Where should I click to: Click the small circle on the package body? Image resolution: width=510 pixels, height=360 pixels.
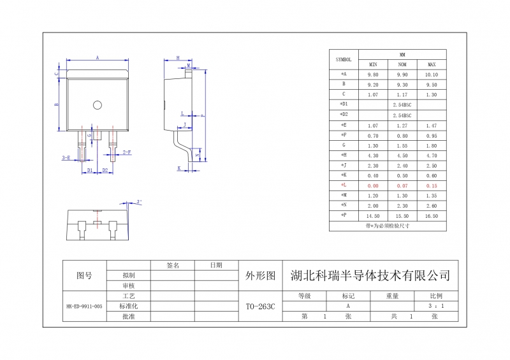point(98,104)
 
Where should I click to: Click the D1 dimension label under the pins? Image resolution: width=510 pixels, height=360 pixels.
point(90,171)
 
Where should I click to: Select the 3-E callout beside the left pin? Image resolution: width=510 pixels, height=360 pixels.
point(66,157)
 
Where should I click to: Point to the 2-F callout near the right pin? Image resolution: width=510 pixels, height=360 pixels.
point(127,152)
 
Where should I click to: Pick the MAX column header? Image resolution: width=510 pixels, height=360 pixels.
point(432,64)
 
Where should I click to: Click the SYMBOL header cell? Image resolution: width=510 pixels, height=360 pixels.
point(344,59)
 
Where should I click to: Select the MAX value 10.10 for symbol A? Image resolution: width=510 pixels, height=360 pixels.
point(432,75)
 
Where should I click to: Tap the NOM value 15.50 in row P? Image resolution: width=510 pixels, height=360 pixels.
point(402,215)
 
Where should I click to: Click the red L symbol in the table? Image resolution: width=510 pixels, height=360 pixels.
point(344,185)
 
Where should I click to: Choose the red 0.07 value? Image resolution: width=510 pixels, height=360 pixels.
point(402,185)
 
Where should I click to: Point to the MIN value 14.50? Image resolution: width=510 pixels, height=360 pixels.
point(373,215)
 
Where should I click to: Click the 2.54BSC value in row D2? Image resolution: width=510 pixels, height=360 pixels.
point(402,115)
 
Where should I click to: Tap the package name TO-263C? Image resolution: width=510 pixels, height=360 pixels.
point(260,306)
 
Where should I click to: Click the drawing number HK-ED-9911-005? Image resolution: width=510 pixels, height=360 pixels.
point(84,306)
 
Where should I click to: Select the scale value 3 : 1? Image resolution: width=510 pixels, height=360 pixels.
point(437,306)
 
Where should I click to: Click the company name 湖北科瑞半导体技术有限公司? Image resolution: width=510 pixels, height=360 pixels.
point(370,276)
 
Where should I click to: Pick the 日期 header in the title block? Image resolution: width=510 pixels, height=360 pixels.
point(216,264)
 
